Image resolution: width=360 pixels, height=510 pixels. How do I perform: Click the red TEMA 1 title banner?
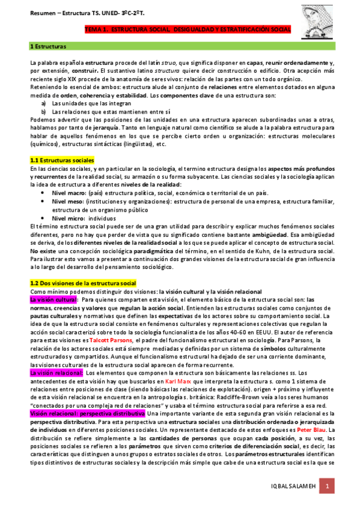pyautogui.click(x=188, y=29)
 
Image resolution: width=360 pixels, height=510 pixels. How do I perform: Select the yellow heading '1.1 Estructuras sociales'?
pyautogui.click(x=62, y=161)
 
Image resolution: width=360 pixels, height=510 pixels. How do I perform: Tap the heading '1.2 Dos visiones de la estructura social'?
pyautogui.click(x=83, y=283)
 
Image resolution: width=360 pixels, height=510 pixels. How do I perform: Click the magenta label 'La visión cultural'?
pyautogui.click(x=53, y=299)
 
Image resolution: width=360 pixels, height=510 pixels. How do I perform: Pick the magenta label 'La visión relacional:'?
pyautogui.click(x=56, y=373)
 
